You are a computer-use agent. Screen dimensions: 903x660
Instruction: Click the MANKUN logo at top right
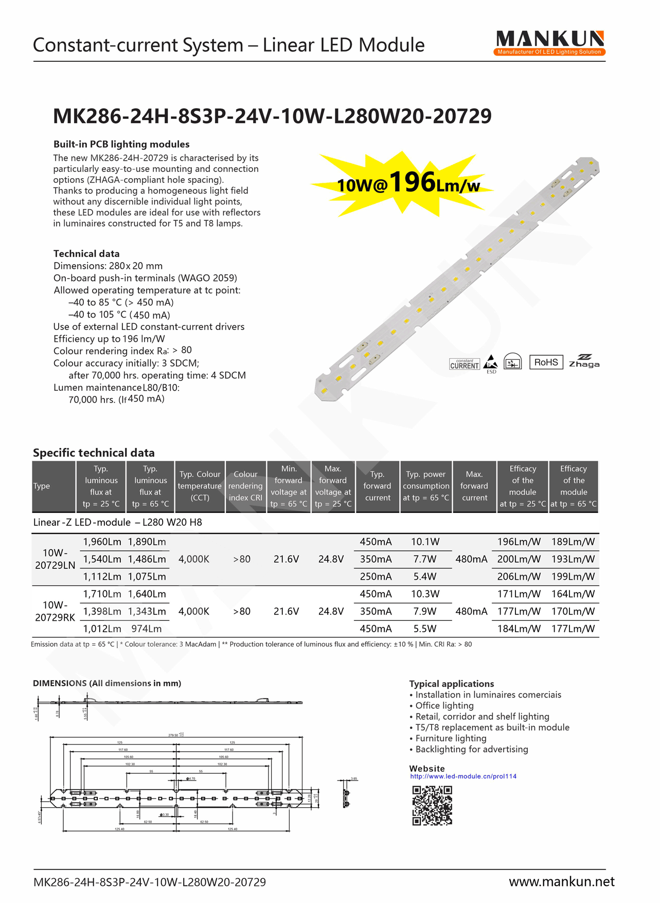pos(549,43)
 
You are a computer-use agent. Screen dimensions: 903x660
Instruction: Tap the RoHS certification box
pos(546,362)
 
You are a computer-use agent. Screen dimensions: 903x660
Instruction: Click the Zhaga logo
pos(584,361)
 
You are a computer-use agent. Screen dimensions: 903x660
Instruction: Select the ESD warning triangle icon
pos(491,362)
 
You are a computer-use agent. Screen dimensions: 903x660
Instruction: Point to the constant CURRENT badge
pos(465,364)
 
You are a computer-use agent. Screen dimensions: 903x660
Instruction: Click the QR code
pos(432,806)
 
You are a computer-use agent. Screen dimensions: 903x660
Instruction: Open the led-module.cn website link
pos(463,776)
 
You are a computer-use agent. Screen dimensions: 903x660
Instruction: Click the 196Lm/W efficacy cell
pos(519,542)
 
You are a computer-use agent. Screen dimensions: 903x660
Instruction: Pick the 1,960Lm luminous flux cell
pos(102,542)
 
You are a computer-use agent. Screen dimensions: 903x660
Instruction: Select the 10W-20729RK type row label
pos(55,611)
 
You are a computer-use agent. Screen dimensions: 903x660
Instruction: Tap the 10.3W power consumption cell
pos(425,594)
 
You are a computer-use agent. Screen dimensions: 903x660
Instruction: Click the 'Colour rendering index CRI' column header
pos(245,486)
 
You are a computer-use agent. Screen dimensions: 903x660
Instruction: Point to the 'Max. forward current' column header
pos(474,486)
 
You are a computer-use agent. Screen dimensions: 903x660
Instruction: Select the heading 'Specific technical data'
pos(94,453)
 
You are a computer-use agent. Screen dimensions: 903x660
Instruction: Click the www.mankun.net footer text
pos(561,882)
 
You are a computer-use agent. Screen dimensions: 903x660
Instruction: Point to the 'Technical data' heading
pos(86,254)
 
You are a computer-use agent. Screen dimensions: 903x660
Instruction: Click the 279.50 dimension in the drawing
pos(174,735)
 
